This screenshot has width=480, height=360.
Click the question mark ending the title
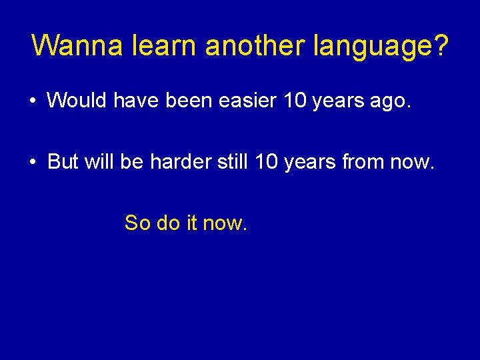442,46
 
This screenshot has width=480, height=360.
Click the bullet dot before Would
32,101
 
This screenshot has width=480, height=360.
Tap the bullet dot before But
32,162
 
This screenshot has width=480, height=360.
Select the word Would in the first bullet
77,101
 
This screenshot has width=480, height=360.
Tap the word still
231,161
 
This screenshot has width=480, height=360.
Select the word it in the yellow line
192,223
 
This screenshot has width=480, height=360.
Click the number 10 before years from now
267,161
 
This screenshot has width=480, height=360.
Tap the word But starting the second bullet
63,161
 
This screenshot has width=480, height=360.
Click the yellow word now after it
225,223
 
